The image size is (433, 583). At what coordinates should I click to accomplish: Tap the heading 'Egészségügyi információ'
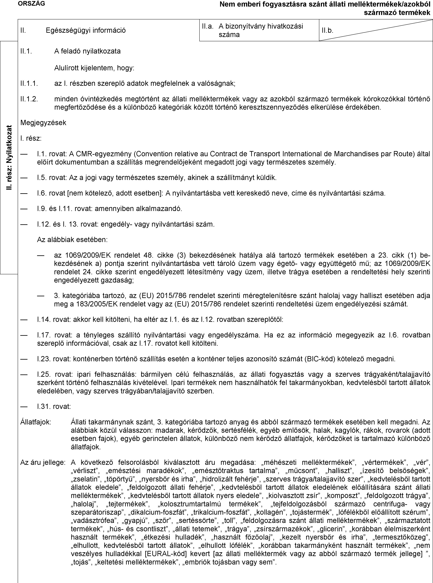pyautogui.click(x=86, y=30)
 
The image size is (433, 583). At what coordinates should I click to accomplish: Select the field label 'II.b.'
pyautogui.click(x=328, y=30)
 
